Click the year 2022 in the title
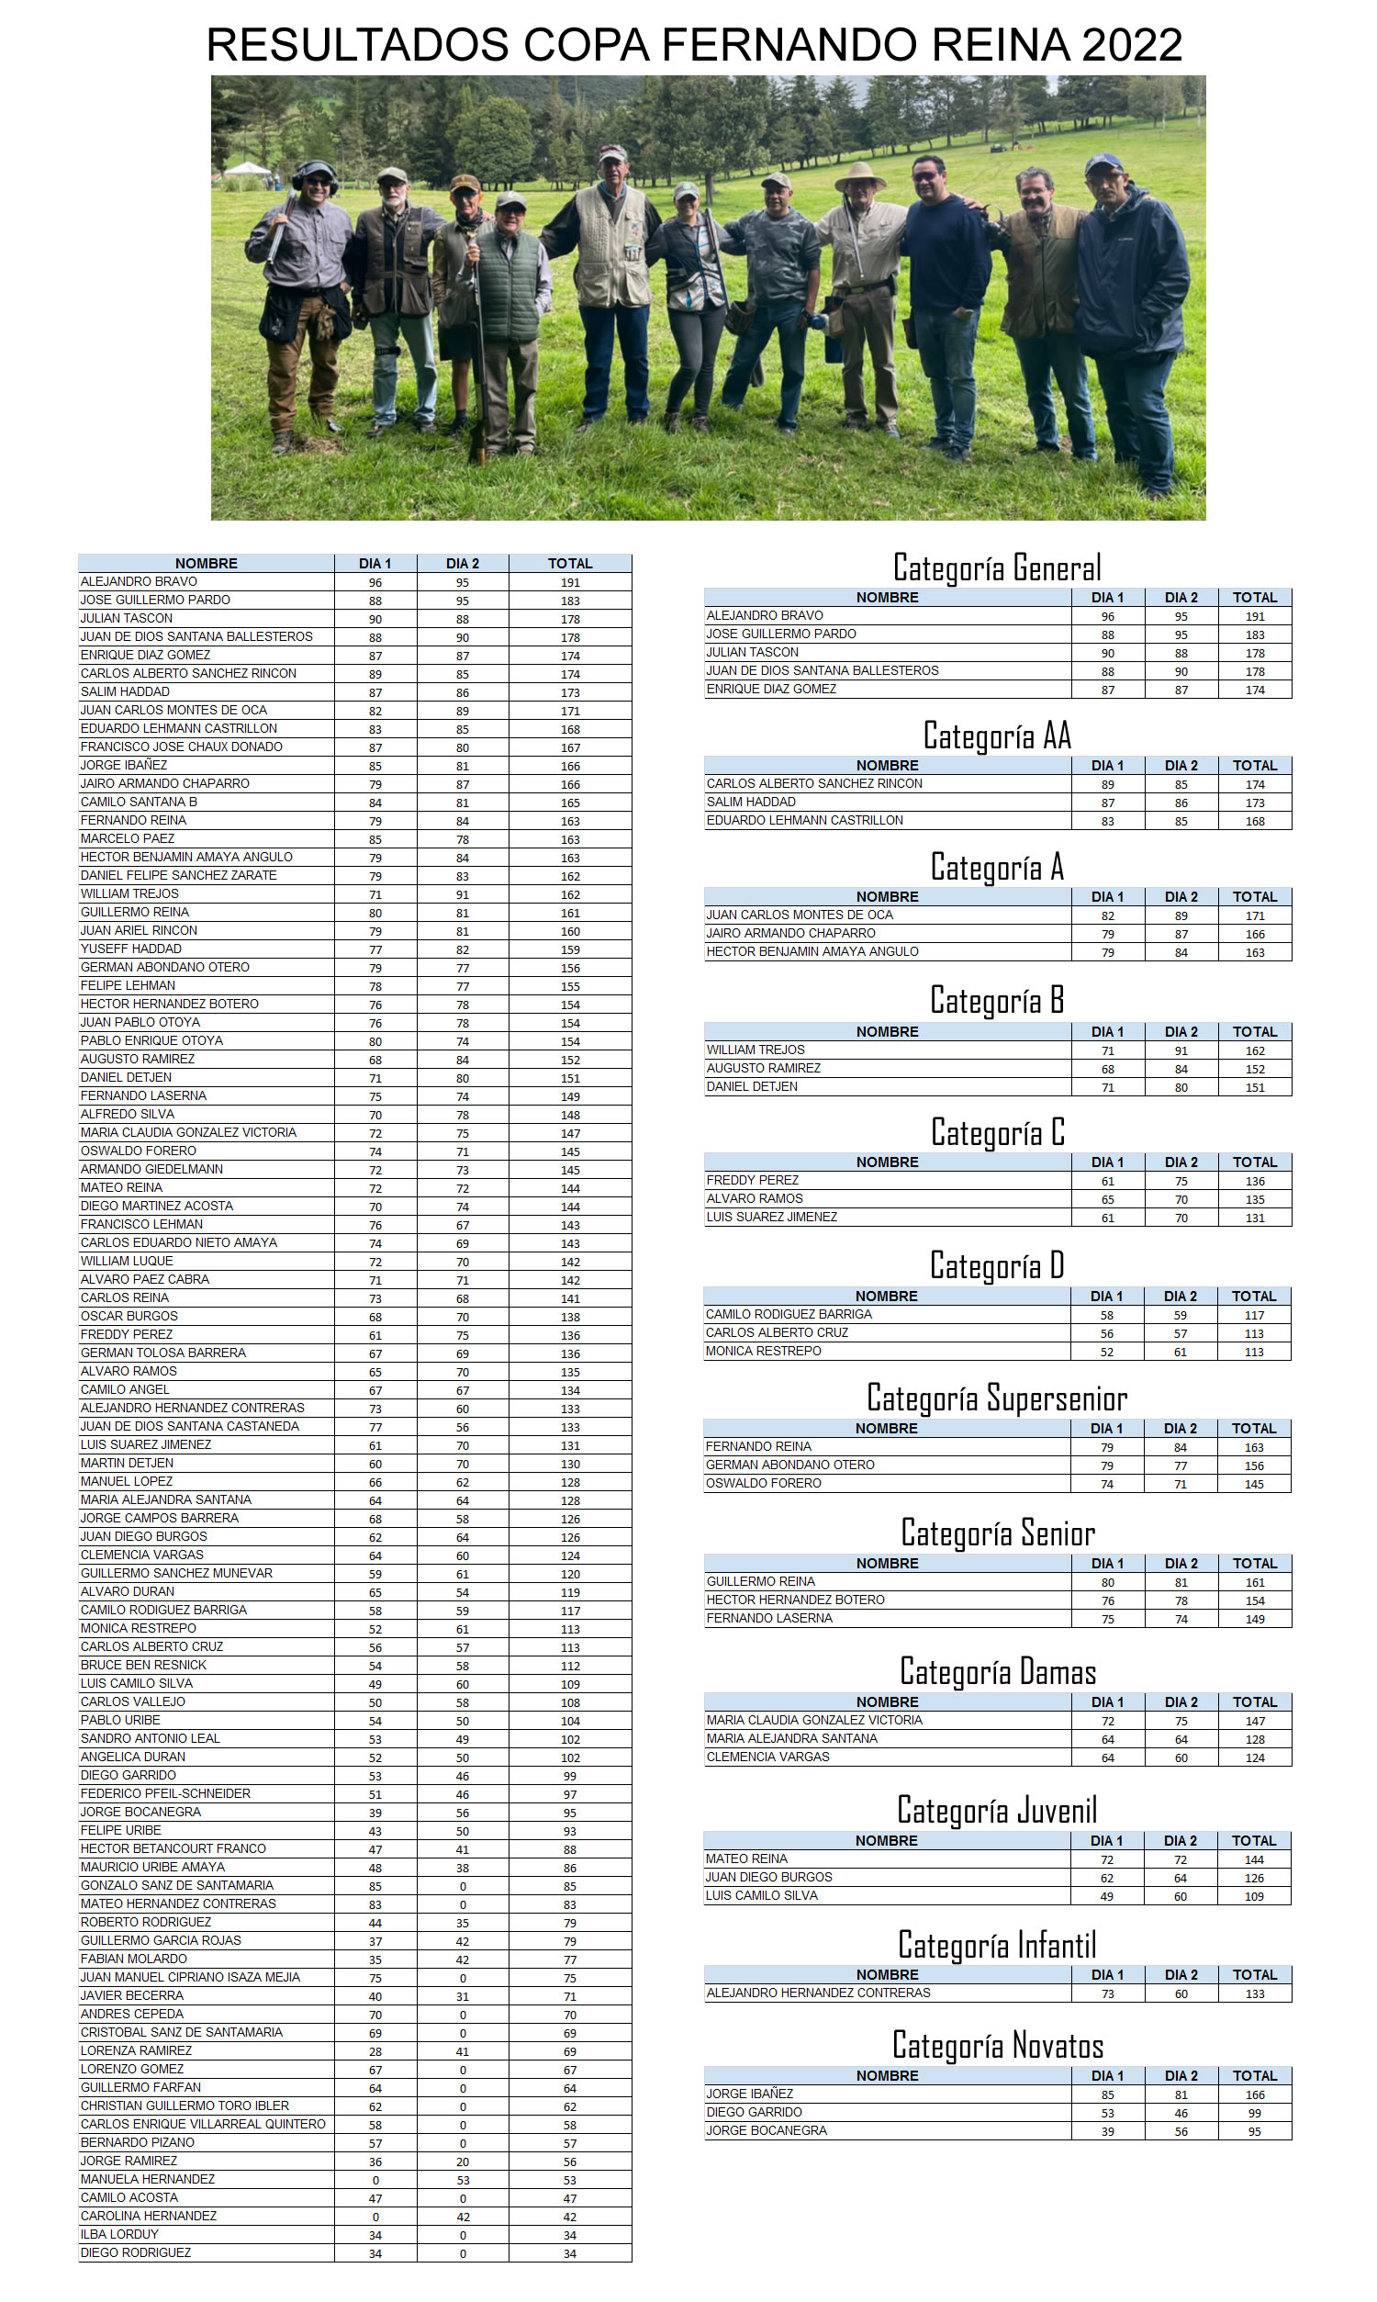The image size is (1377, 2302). tap(1131, 46)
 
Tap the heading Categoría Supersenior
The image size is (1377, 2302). tap(997, 1398)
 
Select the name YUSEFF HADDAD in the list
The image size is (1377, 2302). tap(131, 949)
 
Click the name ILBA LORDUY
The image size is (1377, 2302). tap(119, 2234)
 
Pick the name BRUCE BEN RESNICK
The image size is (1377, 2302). tap(143, 1666)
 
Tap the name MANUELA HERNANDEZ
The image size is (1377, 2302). tap(148, 2180)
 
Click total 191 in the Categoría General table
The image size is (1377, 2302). tap(1255, 616)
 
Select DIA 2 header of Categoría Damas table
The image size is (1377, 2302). tap(1181, 1701)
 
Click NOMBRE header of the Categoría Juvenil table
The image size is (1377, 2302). tap(886, 1840)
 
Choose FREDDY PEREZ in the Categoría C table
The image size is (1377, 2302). tap(753, 1180)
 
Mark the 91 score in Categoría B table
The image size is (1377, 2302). tap(1181, 1050)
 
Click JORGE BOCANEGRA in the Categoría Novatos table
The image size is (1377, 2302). tap(767, 2130)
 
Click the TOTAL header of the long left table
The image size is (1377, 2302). tap(570, 563)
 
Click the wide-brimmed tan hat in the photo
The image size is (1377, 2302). tap(860, 175)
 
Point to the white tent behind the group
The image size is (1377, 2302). tap(247, 169)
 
